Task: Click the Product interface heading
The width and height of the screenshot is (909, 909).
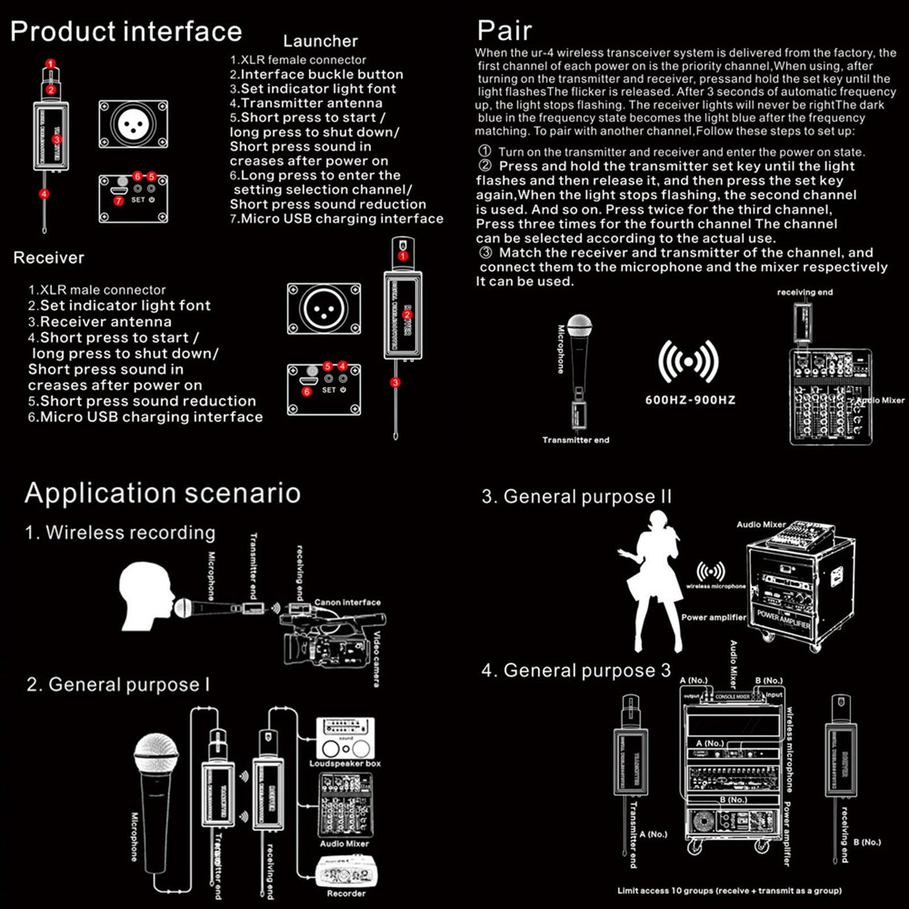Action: (126, 31)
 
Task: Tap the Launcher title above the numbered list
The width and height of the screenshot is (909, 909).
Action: (320, 41)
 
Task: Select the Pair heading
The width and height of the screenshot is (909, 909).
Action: (504, 30)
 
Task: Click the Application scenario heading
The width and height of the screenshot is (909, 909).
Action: (162, 493)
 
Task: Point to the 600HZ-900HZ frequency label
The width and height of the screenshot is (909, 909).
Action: (690, 400)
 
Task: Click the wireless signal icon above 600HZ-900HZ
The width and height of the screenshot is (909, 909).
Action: (688, 362)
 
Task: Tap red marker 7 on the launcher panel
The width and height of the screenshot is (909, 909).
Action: (118, 201)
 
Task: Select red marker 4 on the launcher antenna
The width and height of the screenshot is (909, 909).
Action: (44, 194)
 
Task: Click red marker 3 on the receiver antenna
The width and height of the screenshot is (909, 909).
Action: (395, 382)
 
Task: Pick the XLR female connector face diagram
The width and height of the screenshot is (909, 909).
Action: (133, 124)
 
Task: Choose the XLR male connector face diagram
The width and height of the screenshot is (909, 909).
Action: (324, 309)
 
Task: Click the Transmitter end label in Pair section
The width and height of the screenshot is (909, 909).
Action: (576, 440)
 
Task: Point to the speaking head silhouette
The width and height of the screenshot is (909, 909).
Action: (146, 594)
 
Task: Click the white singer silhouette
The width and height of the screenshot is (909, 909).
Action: (651, 582)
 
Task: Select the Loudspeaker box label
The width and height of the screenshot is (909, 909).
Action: (345, 764)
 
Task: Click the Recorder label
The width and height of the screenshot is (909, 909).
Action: (346, 893)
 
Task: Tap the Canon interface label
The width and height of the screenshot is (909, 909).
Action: (347, 603)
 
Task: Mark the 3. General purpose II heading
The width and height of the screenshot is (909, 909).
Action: (576, 497)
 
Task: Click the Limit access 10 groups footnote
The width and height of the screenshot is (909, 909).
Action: (729, 891)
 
